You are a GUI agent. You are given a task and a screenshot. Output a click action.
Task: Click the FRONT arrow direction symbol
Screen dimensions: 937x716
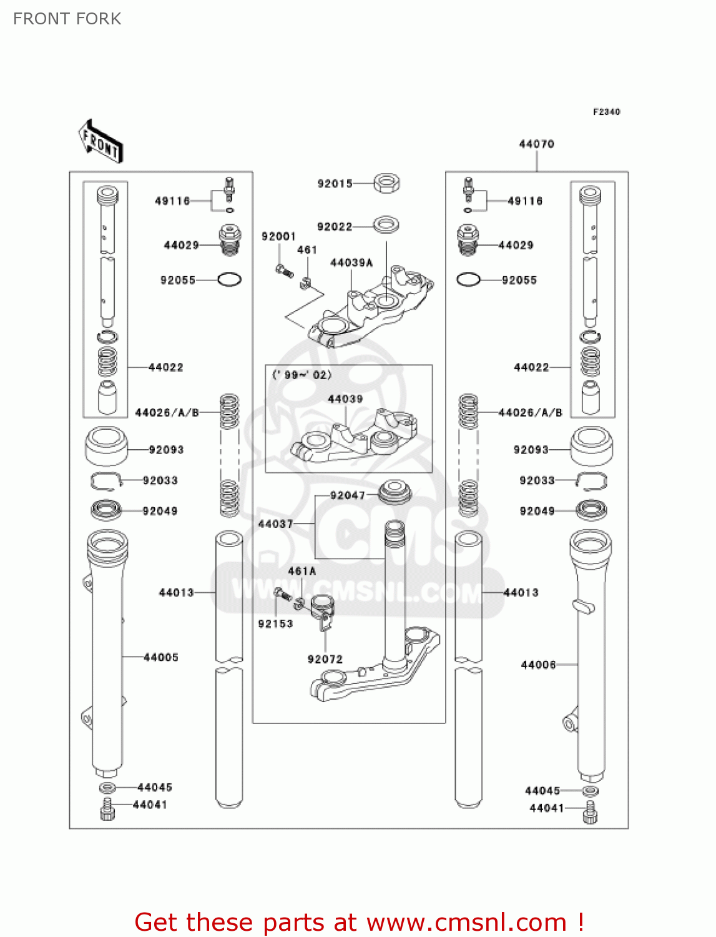point(101,141)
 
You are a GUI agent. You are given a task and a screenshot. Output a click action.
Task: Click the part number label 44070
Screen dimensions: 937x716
point(536,144)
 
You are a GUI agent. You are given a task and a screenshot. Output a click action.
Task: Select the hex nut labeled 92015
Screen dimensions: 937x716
point(386,183)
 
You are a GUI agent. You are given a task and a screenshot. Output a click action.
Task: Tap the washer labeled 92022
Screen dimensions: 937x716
point(386,224)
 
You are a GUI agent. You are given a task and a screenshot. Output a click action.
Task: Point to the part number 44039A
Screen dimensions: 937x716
point(351,263)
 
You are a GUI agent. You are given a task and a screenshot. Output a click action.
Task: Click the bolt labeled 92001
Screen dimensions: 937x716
point(283,270)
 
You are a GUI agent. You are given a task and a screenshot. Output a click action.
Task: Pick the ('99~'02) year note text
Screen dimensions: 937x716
point(302,375)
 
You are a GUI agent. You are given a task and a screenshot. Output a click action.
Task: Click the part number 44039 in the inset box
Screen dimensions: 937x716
point(345,399)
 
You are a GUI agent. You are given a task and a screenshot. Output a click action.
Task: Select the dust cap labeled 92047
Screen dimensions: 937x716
point(395,492)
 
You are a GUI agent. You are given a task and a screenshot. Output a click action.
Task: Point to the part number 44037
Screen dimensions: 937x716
point(275,524)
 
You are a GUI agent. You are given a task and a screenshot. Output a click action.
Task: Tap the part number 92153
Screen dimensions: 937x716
point(275,624)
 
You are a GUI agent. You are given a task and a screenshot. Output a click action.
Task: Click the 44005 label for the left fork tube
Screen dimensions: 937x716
point(161,657)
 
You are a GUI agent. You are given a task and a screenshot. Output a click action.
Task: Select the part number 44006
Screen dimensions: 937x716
point(538,665)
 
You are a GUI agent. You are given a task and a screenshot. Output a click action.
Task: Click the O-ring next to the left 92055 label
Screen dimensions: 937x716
point(229,280)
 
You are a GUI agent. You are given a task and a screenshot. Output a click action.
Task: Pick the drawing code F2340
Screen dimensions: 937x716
point(606,112)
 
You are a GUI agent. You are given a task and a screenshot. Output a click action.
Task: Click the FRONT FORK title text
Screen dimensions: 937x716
point(67,19)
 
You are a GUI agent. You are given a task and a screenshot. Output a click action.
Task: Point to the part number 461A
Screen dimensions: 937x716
point(302,571)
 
